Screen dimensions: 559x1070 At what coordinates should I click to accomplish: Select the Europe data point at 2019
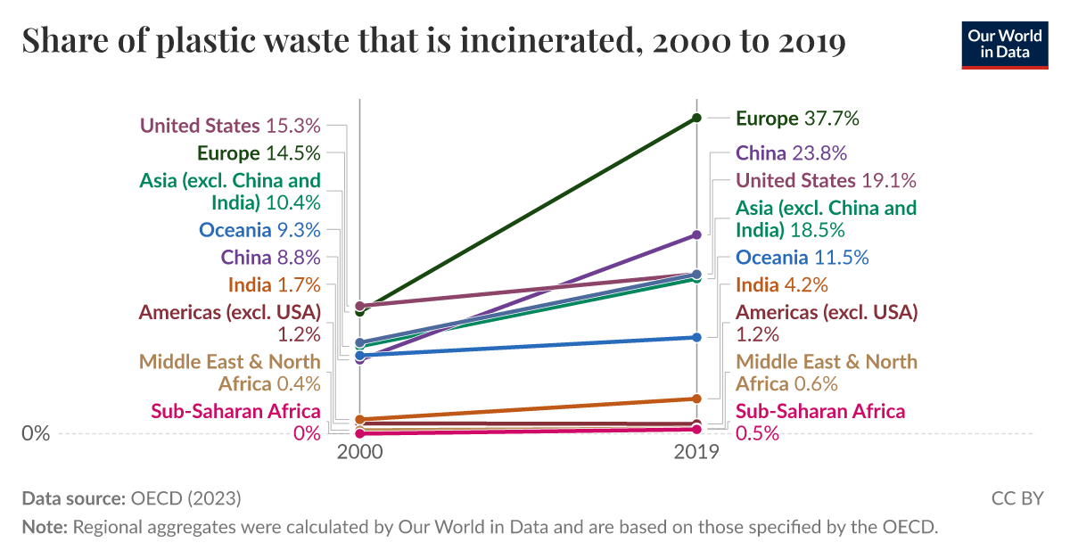697,118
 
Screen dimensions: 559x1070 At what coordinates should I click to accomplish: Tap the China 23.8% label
791,152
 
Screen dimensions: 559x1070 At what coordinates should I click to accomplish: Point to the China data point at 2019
697,234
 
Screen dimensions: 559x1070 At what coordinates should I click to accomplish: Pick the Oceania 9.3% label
259,230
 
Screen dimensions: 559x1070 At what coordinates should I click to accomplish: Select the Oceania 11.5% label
802,258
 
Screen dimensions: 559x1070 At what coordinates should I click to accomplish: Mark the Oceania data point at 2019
697,337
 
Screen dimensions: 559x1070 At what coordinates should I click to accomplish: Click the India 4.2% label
781,285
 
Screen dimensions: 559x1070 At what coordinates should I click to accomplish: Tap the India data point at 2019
697,399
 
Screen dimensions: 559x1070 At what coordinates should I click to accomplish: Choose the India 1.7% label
274,285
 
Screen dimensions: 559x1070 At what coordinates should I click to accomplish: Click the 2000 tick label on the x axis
359,453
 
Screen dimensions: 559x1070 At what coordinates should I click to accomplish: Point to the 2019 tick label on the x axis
697,453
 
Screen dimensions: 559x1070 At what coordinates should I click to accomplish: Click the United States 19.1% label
826,180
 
